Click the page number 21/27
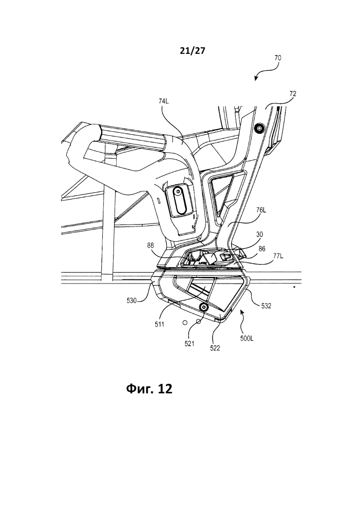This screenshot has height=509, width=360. pyautogui.click(x=193, y=50)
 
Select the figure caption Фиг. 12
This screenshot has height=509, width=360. pyautogui.click(x=149, y=388)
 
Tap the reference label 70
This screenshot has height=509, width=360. pyautogui.click(x=278, y=58)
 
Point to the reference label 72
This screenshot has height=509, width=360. pyautogui.click(x=293, y=94)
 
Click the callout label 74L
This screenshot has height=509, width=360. pyautogui.click(x=164, y=101)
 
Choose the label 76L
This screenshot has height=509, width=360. pyautogui.click(x=261, y=210)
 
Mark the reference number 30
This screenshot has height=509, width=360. pyautogui.click(x=260, y=235)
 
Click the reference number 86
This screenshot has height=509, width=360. pyautogui.click(x=262, y=249)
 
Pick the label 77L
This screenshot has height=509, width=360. pyautogui.click(x=278, y=256)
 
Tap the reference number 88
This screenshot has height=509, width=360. pyautogui.click(x=150, y=246)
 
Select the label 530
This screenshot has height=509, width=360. pyautogui.click(x=132, y=301)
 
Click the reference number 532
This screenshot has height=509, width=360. pyautogui.click(x=266, y=306)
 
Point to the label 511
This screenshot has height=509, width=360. pyautogui.click(x=160, y=324)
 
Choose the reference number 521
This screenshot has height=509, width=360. pyautogui.click(x=189, y=344)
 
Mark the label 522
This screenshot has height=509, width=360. pyautogui.click(x=215, y=348)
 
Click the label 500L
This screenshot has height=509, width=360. pyautogui.click(x=247, y=338)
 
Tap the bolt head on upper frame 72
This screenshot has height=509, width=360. pyautogui.click(x=259, y=129)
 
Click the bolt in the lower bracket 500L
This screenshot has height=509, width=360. pyautogui.click(x=204, y=307)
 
